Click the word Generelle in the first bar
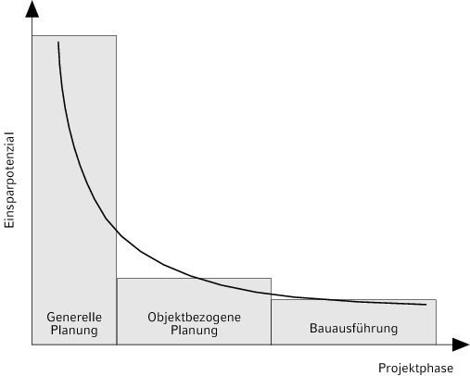[74, 317]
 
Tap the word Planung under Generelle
[74, 331]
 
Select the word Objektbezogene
[194, 318]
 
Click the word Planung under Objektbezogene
[194, 331]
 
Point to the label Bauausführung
[353, 329]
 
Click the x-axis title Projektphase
[416, 369]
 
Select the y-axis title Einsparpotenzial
[9, 180]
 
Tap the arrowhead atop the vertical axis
[32, 9]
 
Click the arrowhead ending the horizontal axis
[461, 345]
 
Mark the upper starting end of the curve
[58, 42]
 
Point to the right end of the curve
[426, 305]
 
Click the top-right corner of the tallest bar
[117, 35]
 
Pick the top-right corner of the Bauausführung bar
[436, 299]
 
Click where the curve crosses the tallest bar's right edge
[117, 230]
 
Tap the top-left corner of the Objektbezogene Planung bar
[117, 279]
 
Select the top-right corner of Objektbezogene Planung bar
[271, 279]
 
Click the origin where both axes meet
[32, 345]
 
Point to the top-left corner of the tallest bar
[32, 35]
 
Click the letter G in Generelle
[51, 318]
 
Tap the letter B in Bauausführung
[313, 329]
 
